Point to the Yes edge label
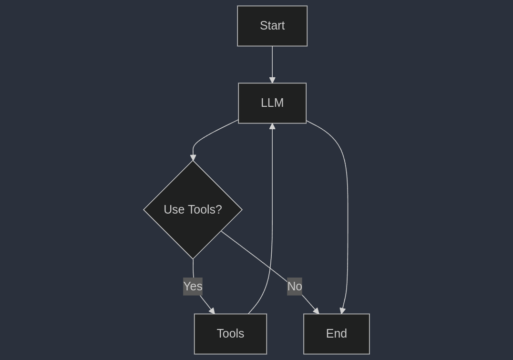[193, 287]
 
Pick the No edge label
[295, 287]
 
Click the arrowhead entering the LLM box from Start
[272, 80]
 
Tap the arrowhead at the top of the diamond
[193, 157]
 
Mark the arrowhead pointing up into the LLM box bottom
[272, 126]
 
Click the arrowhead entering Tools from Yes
[212, 311]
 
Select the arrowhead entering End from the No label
[316, 311]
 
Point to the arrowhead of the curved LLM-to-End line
[342, 310]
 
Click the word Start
[272, 26]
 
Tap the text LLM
[272, 103]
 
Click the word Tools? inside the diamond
[205, 210]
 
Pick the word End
[337, 334]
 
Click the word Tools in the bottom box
[230, 334]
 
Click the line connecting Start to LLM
[272, 62]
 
